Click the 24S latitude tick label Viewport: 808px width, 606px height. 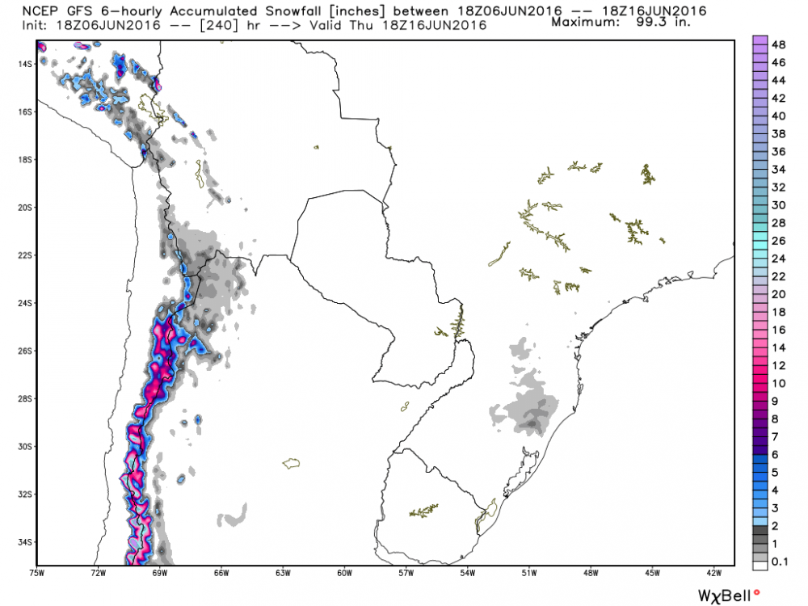(23, 303)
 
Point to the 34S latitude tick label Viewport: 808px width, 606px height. (23, 542)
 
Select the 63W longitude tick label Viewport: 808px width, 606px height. (283, 574)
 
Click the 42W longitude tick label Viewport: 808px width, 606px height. (714, 574)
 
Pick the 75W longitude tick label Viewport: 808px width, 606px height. (36, 574)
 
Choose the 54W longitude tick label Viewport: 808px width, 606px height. (468, 574)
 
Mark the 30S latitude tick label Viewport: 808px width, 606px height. (23, 447)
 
